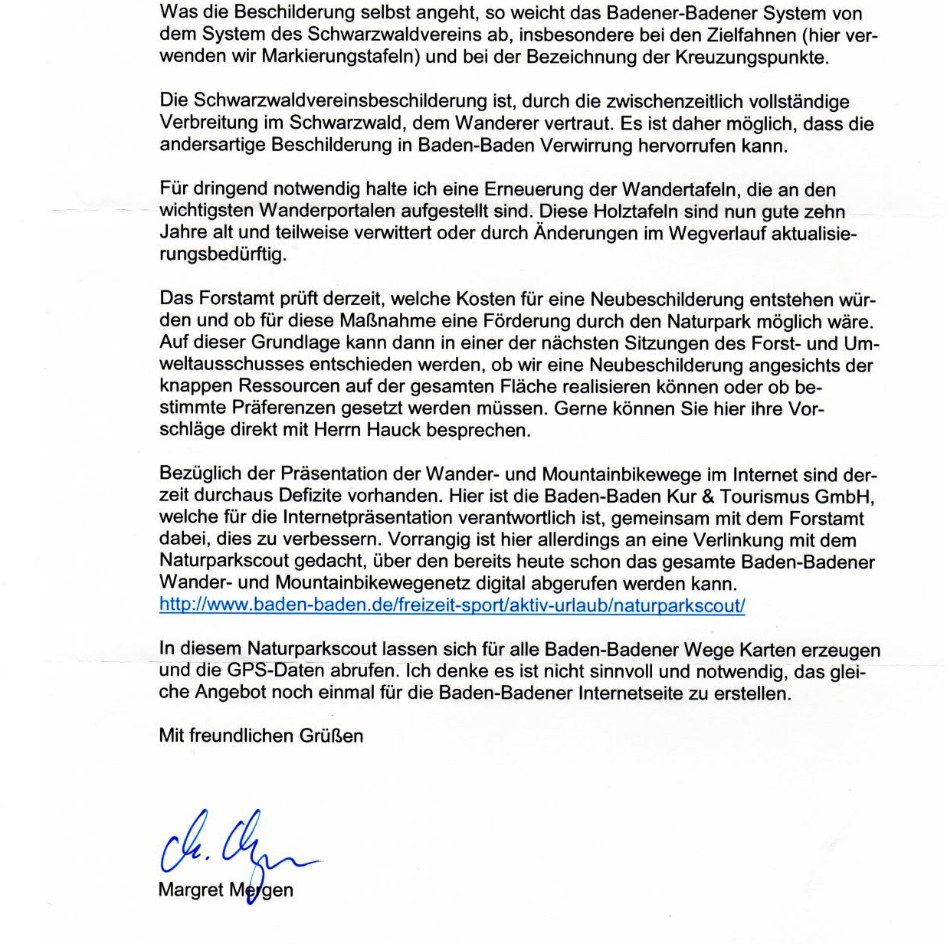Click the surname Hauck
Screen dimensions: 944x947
pos(393,430)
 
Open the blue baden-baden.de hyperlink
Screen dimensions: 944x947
pos(451,605)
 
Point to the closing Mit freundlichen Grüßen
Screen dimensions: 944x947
pos(261,736)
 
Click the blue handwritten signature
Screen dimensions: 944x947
pos(230,847)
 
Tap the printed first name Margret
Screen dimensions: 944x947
pos(191,890)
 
